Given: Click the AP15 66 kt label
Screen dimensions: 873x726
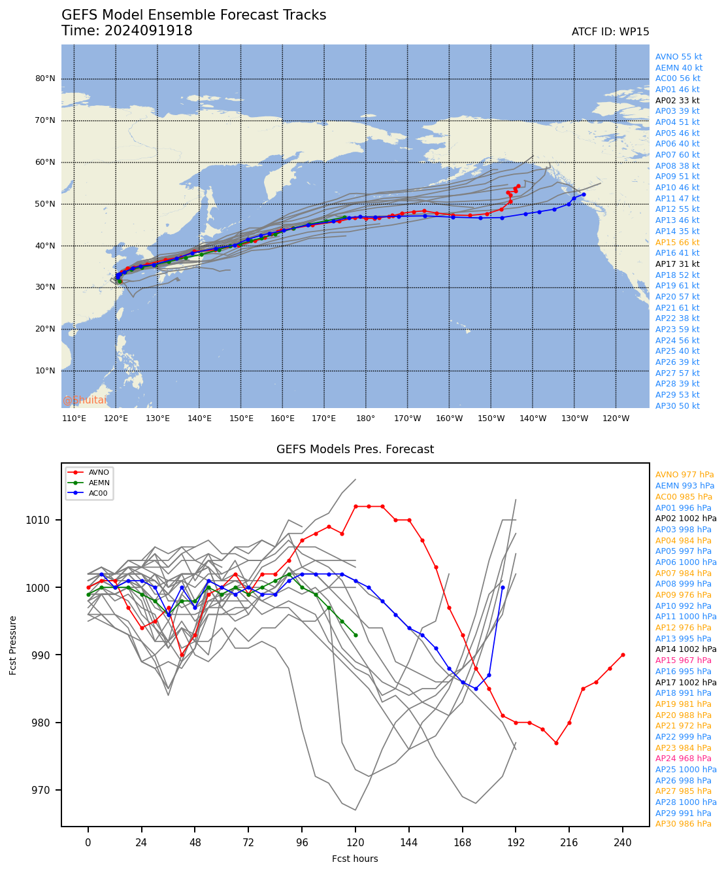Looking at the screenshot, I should pos(677,243).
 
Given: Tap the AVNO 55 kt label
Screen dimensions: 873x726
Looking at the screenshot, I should pos(678,57).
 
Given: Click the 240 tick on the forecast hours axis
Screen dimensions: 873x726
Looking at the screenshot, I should pos(623,843).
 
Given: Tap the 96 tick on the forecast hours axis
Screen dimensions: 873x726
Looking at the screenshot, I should pos(302,843).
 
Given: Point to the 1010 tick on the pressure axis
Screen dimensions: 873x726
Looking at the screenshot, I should pos(46,521).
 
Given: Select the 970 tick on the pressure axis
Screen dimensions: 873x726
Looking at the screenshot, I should pos(48,791).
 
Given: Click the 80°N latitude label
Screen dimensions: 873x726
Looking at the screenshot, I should pos(44,78).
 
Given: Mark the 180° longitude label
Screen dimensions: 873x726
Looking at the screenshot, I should pos(365,419).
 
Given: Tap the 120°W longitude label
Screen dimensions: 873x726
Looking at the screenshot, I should pos(616,419).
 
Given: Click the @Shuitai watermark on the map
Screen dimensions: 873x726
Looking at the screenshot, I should pos(85,400).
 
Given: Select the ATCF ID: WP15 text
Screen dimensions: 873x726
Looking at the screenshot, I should pos(610,32).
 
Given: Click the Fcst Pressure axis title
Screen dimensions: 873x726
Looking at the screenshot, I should pos(13,645).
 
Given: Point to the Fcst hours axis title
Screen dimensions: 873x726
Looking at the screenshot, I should pos(355,859).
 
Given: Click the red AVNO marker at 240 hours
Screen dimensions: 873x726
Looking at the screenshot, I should pos(623,655).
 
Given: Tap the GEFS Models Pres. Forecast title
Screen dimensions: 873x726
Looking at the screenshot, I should pos(355,449).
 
